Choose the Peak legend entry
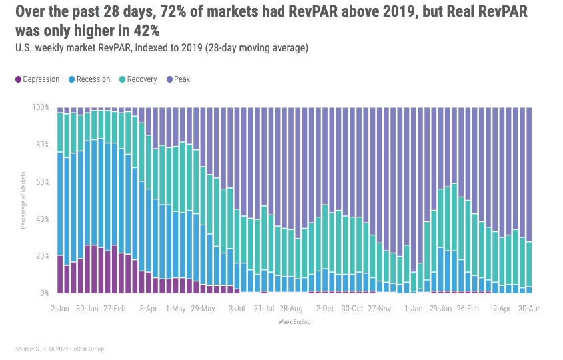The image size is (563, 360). coord(182,79)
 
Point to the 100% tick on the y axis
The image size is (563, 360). coord(41,107)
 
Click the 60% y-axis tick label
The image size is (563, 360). coord(43,182)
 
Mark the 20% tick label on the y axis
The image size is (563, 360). coord(43,256)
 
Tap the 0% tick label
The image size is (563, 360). coord(45,293)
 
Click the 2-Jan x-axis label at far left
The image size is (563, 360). coord(60,309)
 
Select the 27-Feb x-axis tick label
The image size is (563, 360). coord(115,309)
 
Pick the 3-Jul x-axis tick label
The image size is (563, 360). coord(238,309)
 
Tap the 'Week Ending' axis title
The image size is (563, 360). coord(294,322)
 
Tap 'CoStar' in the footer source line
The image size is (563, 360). coord(83,349)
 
